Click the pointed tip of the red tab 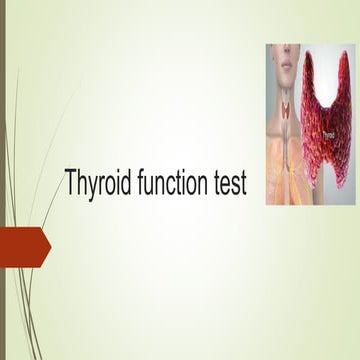point(50,247)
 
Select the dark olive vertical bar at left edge point(3,180)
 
